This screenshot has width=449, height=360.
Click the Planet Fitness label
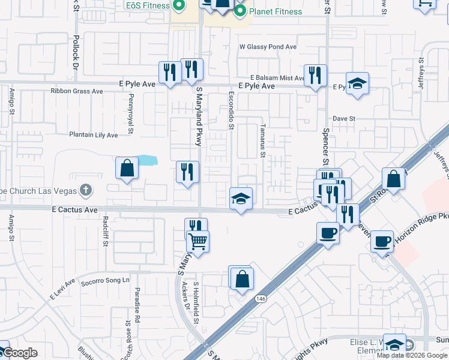(276, 11)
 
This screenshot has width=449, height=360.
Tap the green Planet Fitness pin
(240, 10)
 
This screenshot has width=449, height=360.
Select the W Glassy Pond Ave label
(268, 47)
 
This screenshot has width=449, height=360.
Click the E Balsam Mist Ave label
(278, 78)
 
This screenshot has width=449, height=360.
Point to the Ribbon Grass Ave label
(77, 91)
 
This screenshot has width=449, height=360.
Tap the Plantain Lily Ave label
(93, 135)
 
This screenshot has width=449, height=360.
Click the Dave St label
(345, 119)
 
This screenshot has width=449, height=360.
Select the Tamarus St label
(263, 142)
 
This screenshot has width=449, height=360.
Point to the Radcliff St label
(105, 235)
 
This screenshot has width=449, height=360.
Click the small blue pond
(148, 161)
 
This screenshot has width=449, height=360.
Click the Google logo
(19, 353)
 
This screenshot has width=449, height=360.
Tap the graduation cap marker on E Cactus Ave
(241, 199)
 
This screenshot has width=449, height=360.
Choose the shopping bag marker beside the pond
(127, 169)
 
